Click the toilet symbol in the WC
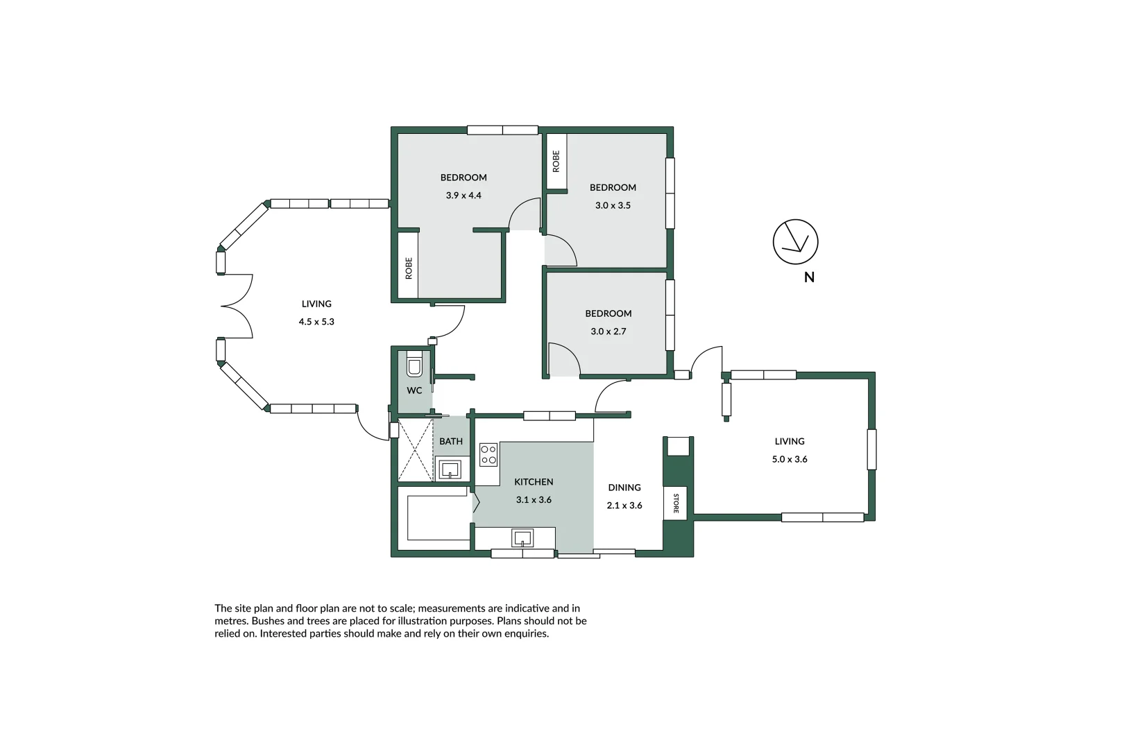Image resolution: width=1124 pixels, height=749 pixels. pyautogui.click(x=414, y=365)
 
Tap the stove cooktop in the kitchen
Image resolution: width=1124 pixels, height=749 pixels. pyautogui.click(x=488, y=455)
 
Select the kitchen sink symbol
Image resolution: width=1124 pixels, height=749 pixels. pyautogui.click(x=522, y=537)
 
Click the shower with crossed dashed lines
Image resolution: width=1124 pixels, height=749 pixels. pyautogui.click(x=415, y=450)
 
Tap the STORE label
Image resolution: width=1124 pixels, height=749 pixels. pyautogui.click(x=676, y=503)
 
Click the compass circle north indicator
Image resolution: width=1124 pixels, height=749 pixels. pyautogui.click(x=795, y=241)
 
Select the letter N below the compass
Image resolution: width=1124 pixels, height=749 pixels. pyautogui.click(x=808, y=277)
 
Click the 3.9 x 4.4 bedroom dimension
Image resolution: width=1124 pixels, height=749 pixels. pyautogui.click(x=463, y=196)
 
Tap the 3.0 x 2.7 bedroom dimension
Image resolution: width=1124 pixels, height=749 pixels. pyautogui.click(x=608, y=332)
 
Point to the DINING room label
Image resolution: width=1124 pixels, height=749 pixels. pyautogui.click(x=624, y=488)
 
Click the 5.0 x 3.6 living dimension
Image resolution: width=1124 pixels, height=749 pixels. pyautogui.click(x=790, y=459)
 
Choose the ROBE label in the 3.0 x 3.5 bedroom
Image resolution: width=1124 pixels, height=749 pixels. pyautogui.click(x=556, y=161)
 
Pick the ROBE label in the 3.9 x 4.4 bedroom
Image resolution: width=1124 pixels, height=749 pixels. pyautogui.click(x=409, y=268)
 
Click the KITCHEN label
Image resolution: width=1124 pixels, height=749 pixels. pyautogui.click(x=534, y=482)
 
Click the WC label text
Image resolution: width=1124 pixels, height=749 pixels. pyautogui.click(x=414, y=390)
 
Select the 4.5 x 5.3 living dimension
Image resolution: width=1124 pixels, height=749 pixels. pyautogui.click(x=316, y=322)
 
